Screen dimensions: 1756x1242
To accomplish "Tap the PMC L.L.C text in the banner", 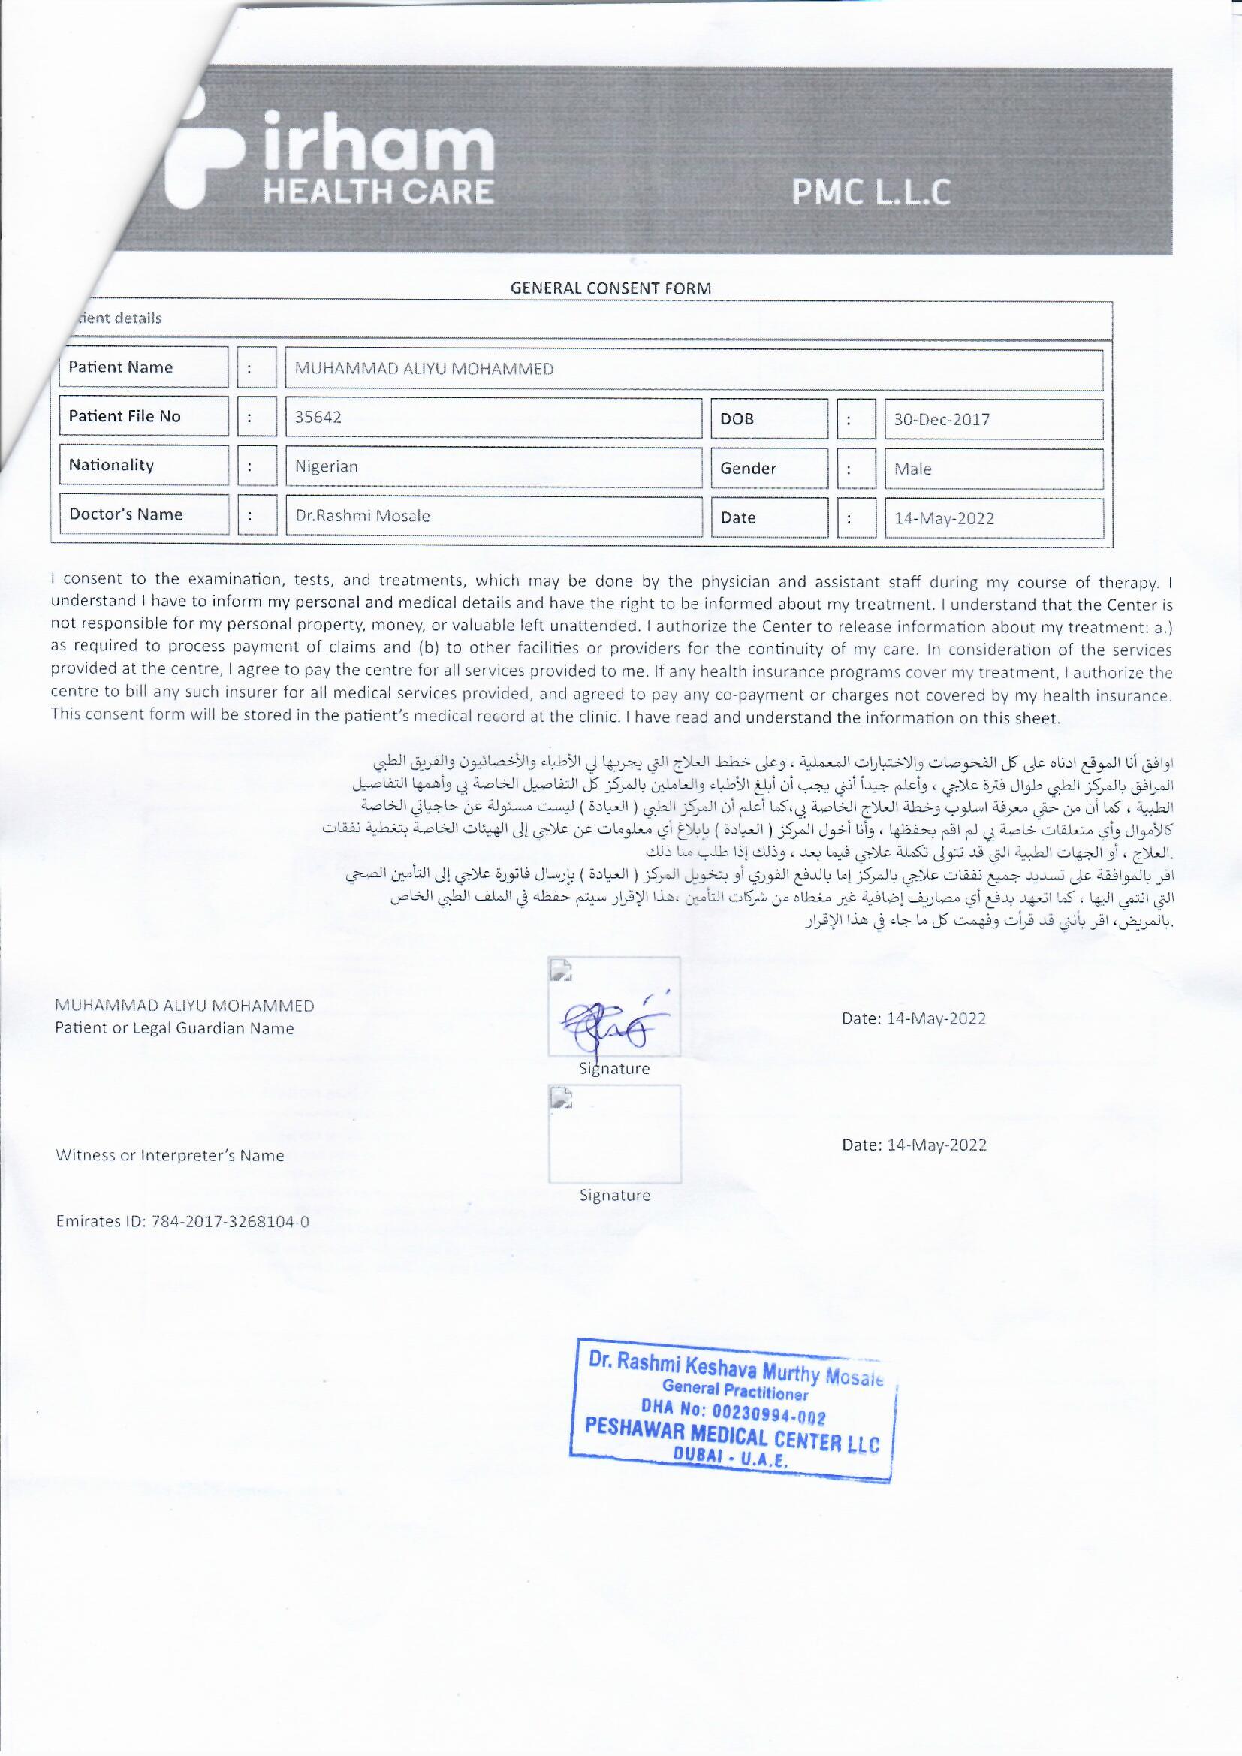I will point(871,192).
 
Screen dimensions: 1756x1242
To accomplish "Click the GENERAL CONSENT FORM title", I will point(610,288).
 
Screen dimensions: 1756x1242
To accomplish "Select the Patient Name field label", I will point(121,367).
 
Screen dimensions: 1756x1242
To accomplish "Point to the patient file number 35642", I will point(318,418).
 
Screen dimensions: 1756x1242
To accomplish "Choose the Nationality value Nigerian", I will point(327,466).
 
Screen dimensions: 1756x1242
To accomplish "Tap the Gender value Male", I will point(913,469).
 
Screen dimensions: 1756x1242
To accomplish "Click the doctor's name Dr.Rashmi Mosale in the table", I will point(363,516).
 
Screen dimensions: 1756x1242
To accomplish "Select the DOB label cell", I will point(737,419).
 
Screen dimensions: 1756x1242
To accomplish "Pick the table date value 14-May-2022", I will point(944,518).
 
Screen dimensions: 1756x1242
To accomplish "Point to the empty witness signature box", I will point(614,1133).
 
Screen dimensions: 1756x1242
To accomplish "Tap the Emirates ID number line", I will point(182,1221).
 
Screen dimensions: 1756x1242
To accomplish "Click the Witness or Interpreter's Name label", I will point(170,1156).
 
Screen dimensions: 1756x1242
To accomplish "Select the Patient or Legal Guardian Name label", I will point(174,1029).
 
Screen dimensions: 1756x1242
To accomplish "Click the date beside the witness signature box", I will point(914,1145).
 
